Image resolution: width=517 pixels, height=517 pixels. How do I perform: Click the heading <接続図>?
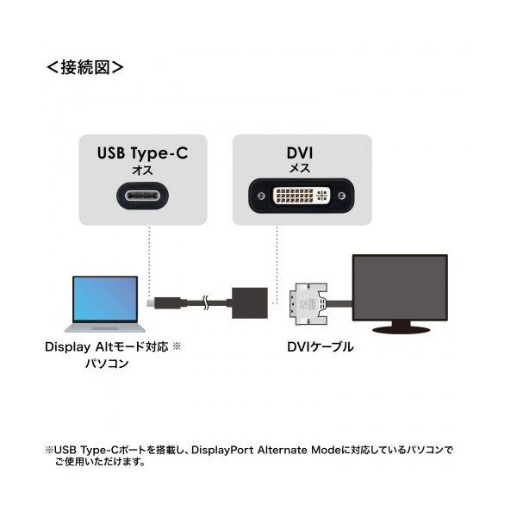(85, 67)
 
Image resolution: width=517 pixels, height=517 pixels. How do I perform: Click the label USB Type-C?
(142, 153)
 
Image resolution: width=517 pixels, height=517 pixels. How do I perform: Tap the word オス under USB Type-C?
(142, 170)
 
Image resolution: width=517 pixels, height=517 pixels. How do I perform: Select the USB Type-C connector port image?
(142, 196)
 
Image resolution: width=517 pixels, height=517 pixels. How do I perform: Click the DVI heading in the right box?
(300, 153)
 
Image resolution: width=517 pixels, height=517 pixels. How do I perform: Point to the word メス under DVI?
(300, 169)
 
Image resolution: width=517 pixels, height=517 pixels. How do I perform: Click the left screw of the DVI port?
(261, 196)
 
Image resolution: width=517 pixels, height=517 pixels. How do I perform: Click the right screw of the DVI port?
(342, 196)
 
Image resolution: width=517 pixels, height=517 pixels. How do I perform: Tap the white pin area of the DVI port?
(302, 196)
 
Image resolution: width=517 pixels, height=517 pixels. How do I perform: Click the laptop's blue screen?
(105, 298)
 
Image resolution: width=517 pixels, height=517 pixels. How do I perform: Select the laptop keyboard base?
(105, 327)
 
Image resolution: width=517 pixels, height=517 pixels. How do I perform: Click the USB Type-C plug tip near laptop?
(150, 303)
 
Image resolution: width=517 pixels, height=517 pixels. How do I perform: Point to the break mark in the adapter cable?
(206, 302)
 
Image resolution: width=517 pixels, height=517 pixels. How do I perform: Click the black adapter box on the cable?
(250, 303)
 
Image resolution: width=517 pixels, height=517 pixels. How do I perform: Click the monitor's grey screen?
(400, 287)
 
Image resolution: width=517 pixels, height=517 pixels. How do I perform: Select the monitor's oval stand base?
(401, 329)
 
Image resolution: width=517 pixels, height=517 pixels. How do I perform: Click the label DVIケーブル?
(321, 347)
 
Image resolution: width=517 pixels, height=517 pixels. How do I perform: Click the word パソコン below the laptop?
(107, 364)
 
